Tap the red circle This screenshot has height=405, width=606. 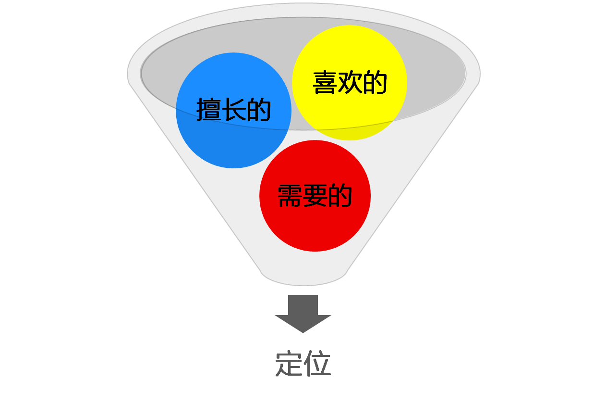point(315,226)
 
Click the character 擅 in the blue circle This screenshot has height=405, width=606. point(208,110)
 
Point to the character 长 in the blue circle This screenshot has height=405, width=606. point(234,110)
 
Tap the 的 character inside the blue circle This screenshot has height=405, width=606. point(259,110)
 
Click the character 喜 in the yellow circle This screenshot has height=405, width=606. point(325,83)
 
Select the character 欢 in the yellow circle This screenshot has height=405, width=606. point(350,83)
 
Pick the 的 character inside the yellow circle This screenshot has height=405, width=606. point(375,83)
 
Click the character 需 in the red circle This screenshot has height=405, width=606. point(290,196)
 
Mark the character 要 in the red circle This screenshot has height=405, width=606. point(315,196)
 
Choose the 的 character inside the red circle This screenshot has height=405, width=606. point(340,196)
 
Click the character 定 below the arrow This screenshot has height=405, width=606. point(289,364)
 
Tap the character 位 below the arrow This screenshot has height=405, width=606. point(317,364)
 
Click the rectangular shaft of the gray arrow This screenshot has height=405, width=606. point(303,304)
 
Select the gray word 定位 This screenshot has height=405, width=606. point(303,364)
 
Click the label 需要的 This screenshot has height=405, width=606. point(315,196)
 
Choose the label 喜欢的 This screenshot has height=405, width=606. point(350,83)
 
